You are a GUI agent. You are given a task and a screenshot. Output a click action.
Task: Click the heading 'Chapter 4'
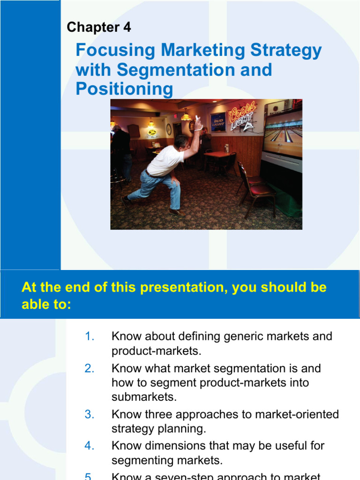(x=98, y=28)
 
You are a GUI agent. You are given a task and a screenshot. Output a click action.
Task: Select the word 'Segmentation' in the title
(x=194, y=70)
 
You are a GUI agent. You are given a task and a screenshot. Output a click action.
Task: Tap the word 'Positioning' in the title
(x=124, y=89)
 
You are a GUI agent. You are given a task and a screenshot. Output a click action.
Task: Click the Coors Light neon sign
(x=242, y=115)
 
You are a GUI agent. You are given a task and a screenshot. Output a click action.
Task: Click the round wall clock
(x=169, y=129)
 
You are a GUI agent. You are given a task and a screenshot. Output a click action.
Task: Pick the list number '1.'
(x=90, y=337)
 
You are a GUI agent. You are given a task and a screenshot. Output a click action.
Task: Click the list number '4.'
(x=90, y=446)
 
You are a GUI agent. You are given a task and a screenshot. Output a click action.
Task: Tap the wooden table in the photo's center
(x=217, y=155)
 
